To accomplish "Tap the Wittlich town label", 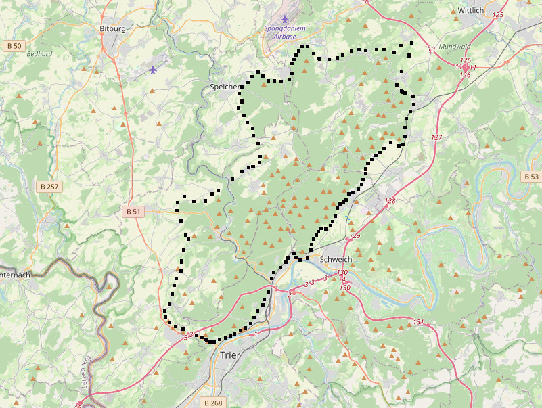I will (471, 11).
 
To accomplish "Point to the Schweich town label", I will (336, 259).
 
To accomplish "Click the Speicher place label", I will (224, 87).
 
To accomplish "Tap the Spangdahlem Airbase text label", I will (285, 32).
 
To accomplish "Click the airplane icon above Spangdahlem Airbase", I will (285, 18).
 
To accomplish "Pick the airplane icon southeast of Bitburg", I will (154, 69).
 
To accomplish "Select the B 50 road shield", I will (13, 45).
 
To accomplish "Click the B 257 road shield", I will (49, 186).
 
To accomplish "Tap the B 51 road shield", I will (133, 212).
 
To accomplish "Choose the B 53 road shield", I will (531, 176).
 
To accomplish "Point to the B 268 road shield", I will (212, 403).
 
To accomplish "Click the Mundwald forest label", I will (454, 47).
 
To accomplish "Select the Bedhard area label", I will (39, 54).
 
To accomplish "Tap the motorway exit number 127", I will (436, 137).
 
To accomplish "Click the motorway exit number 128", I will (390, 201).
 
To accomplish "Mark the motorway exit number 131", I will (418, 322).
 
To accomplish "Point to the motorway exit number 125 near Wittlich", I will (499, 14).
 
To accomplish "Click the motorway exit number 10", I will (432, 49).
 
